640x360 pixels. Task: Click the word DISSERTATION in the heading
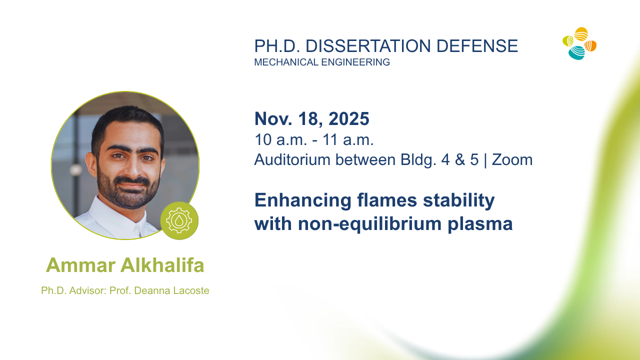[x=368, y=46]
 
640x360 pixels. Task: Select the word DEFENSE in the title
[x=477, y=46]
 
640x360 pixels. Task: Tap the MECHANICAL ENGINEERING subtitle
[x=322, y=62]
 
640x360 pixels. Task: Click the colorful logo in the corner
[x=579, y=43]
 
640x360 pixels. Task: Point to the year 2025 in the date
[x=349, y=118]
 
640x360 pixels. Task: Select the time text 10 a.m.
[x=280, y=139]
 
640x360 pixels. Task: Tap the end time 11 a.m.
[x=348, y=139]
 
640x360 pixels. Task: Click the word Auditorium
[x=292, y=159]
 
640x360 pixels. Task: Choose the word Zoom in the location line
[x=512, y=159]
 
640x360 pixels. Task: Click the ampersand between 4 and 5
[x=460, y=159]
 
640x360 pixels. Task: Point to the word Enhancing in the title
[x=303, y=200]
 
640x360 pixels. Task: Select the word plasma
[x=480, y=224]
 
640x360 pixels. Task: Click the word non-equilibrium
[x=369, y=224]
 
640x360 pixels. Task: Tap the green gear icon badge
[x=179, y=220]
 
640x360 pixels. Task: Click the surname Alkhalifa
[x=162, y=265]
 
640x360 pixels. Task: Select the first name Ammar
[x=81, y=265]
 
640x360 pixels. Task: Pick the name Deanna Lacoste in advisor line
[x=171, y=290]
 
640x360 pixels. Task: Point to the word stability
[x=459, y=200]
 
